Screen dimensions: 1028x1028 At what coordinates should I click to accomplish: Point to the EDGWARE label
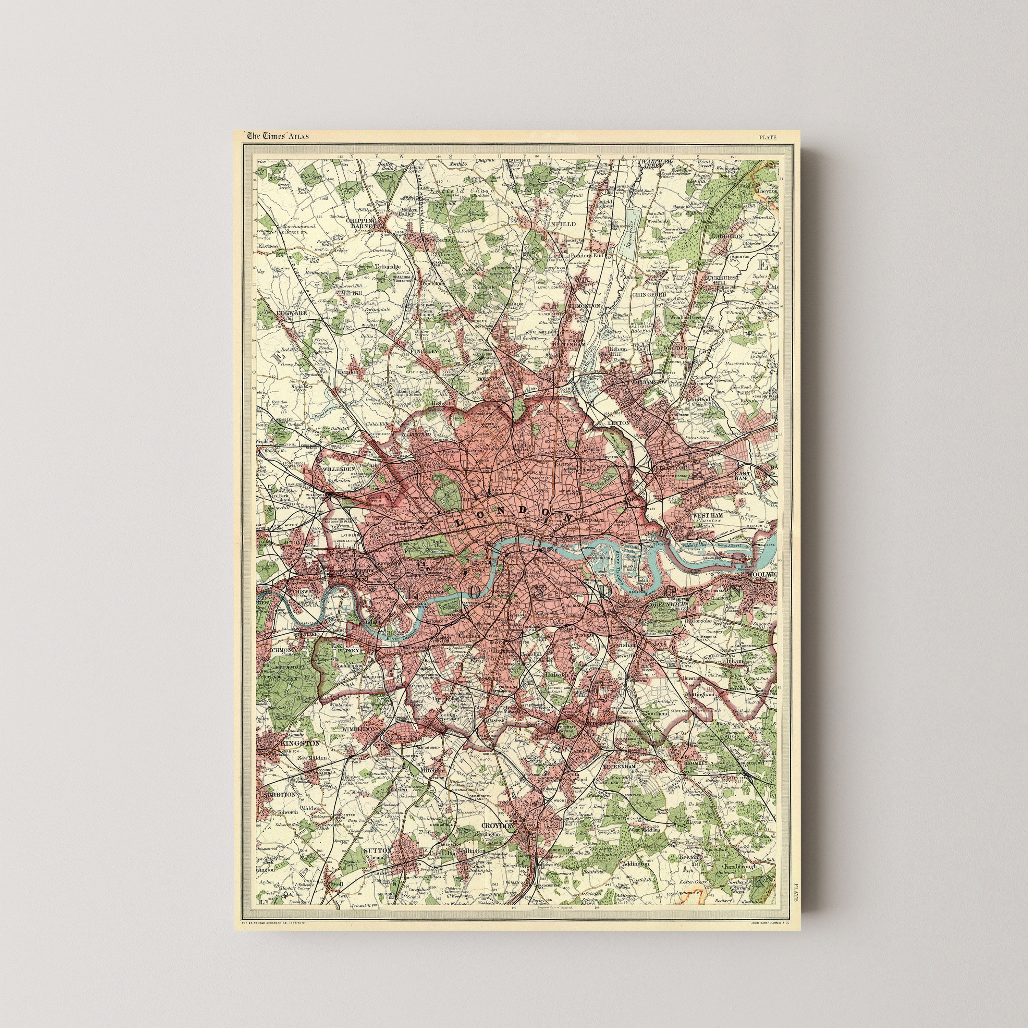click(292, 314)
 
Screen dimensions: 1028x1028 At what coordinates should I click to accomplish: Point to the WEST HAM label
click(707, 516)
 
